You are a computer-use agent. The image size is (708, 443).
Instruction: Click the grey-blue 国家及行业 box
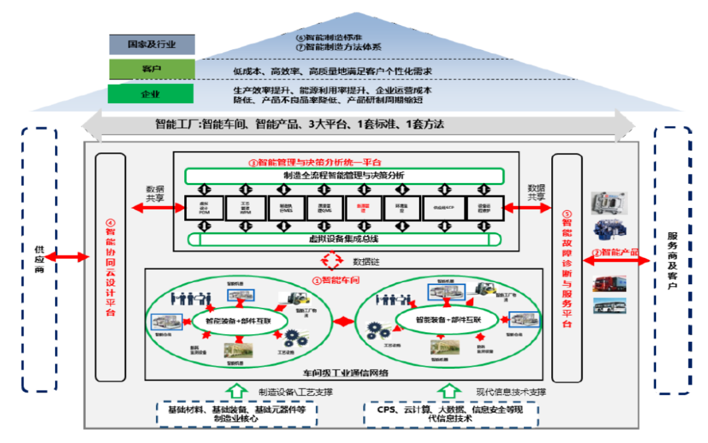tap(151, 45)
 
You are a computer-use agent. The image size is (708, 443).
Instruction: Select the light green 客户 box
tap(151, 69)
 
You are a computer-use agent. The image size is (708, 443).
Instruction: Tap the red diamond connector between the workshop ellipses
tap(342, 322)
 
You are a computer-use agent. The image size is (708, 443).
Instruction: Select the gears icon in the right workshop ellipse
tap(378, 329)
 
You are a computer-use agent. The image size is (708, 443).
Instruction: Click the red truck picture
tap(609, 283)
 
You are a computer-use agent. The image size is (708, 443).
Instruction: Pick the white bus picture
tap(610, 306)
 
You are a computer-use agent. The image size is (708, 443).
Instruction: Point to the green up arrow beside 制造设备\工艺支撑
tap(235, 391)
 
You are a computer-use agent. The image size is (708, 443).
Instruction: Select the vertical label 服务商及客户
tap(673, 260)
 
